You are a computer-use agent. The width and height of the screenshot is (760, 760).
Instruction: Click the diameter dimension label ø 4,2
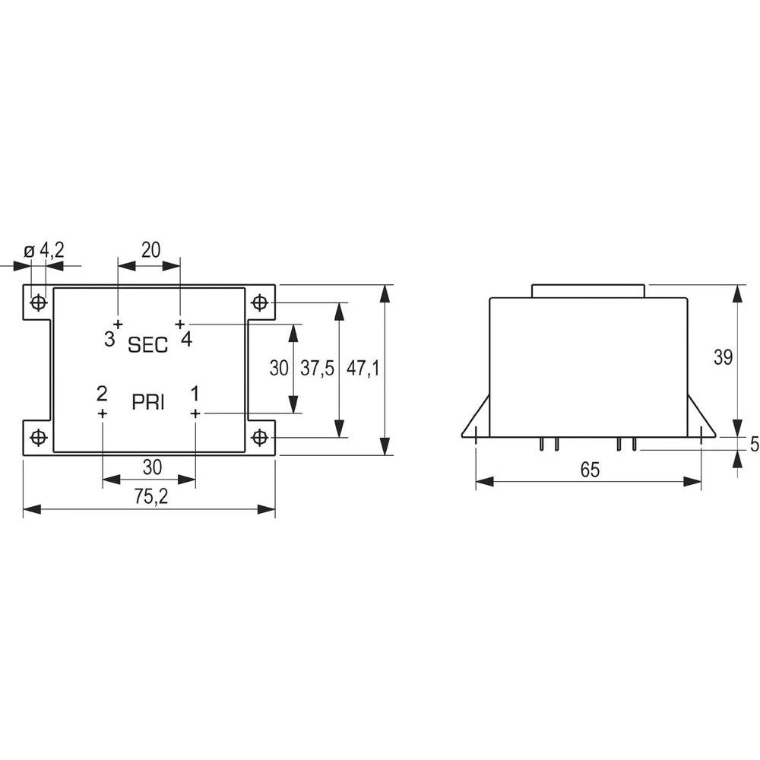[x=44, y=250]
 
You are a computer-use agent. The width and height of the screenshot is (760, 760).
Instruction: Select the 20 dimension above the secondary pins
[x=150, y=250]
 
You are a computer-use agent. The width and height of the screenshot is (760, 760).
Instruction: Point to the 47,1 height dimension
[x=363, y=369]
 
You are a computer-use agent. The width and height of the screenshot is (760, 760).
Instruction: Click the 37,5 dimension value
[x=317, y=369]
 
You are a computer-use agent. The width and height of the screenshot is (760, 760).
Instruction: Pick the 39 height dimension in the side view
[x=724, y=356]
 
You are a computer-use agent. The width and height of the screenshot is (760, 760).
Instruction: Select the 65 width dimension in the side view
[x=590, y=470]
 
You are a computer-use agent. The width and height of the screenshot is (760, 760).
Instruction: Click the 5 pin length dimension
[x=753, y=445]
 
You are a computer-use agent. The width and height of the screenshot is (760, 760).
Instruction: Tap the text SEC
[x=147, y=345]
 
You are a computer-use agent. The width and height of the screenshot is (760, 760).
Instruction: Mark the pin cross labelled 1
[x=195, y=413]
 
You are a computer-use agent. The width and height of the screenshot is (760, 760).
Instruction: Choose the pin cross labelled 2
[x=103, y=413]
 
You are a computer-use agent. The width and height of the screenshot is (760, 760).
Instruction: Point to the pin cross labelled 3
[x=118, y=325]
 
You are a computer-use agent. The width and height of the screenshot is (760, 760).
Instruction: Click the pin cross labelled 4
[x=180, y=325]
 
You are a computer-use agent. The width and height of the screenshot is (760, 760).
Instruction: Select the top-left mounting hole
[x=37, y=303]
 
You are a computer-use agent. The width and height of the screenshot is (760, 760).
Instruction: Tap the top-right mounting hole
[x=260, y=303]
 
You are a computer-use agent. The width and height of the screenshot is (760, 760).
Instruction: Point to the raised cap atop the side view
[x=588, y=291]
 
